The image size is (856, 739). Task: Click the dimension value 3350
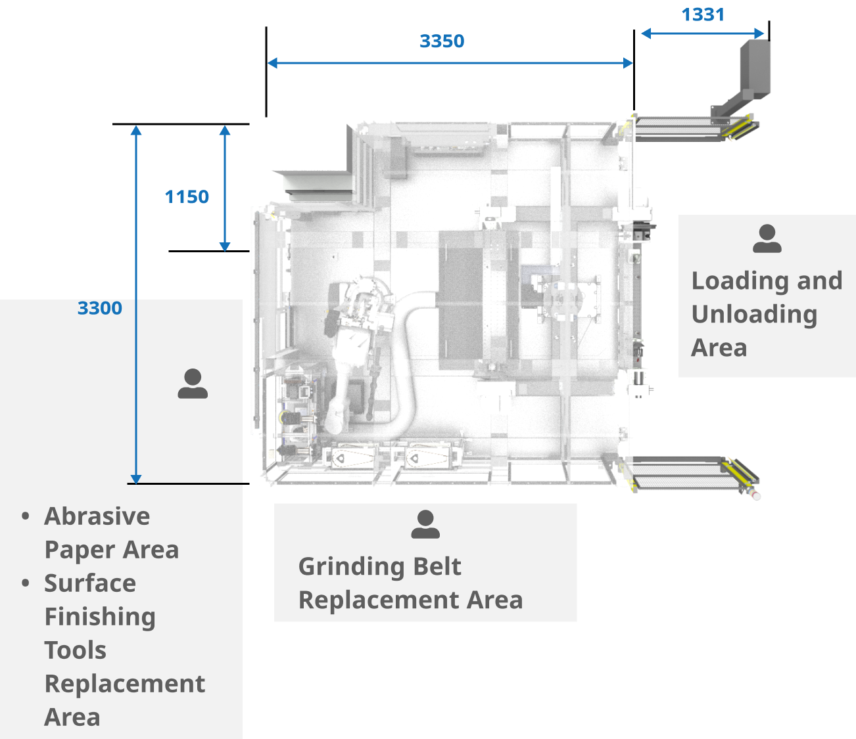(x=442, y=41)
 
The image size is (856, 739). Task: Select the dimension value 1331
(x=702, y=14)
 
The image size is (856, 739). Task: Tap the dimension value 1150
(x=187, y=196)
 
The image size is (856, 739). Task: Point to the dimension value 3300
(x=100, y=308)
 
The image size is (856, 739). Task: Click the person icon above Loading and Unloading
(x=767, y=239)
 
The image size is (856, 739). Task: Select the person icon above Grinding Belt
(x=425, y=524)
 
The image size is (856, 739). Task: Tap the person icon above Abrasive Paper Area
(x=193, y=384)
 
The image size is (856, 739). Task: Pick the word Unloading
(x=754, y=315)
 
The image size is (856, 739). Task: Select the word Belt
(x=437, y=567)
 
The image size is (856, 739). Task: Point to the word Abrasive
(x=97, y=516)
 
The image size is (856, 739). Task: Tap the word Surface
(x=90, y=583)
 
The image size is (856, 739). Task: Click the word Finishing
(x=100, y=617)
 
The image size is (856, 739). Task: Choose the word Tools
(x=75, y=650)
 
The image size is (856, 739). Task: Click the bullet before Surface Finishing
(x=26, y=583)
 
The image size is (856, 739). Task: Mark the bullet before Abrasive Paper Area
(x=26, y=516)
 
